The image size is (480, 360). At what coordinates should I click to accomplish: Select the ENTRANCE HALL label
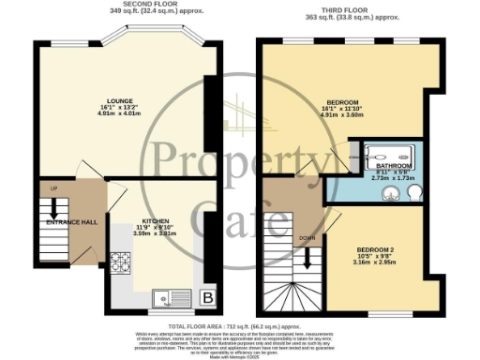coord(73,221)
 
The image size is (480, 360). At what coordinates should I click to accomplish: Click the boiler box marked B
coord(206,298)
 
